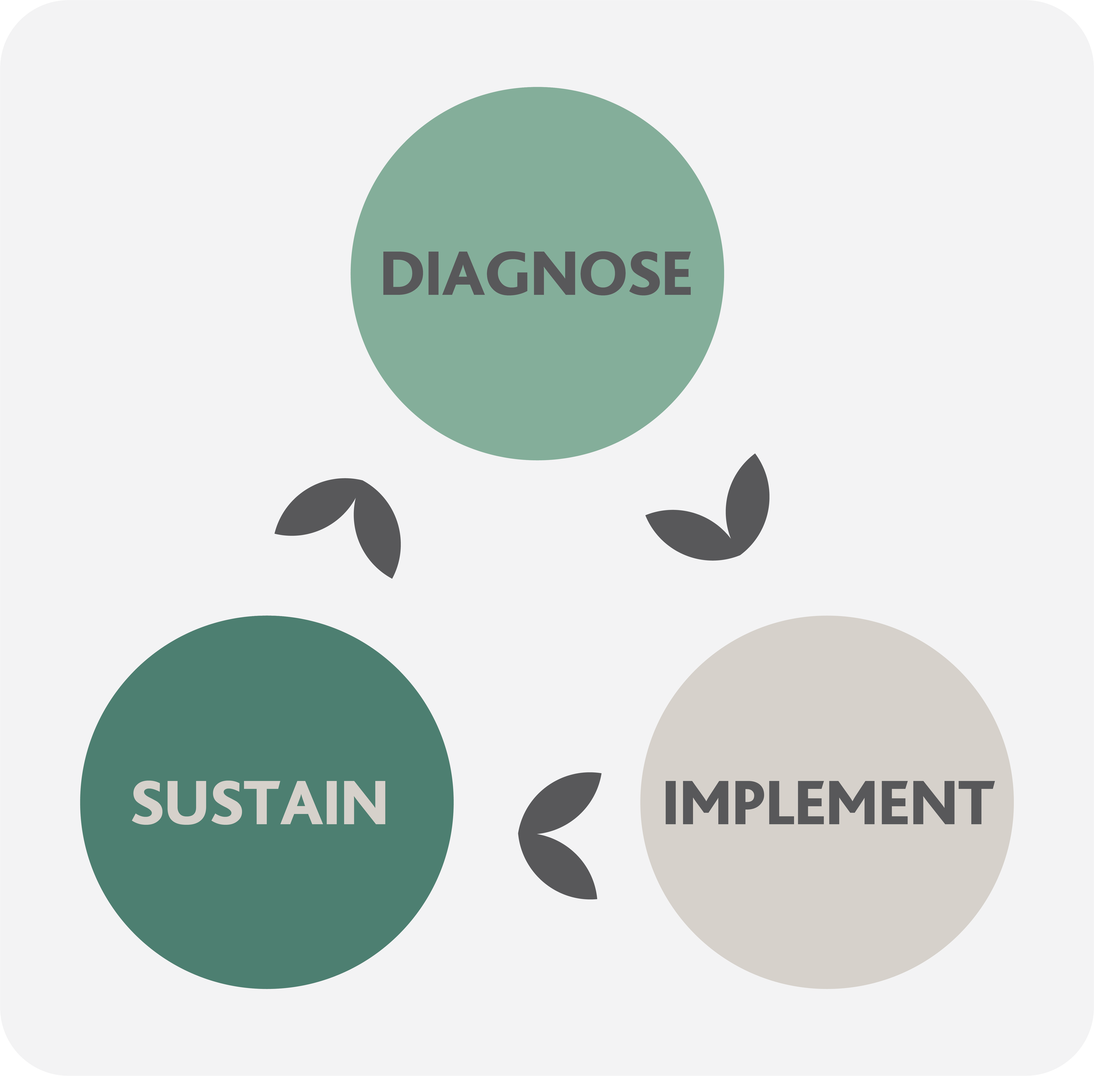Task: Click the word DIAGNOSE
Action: [536, 273]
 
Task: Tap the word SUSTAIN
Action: [259, 803]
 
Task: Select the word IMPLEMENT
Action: [828, 803]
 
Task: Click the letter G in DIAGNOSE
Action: [507, 273]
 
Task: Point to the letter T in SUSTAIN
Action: [262, 803]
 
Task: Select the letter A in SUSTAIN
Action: [302, 803]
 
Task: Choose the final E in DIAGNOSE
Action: [678, 273]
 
